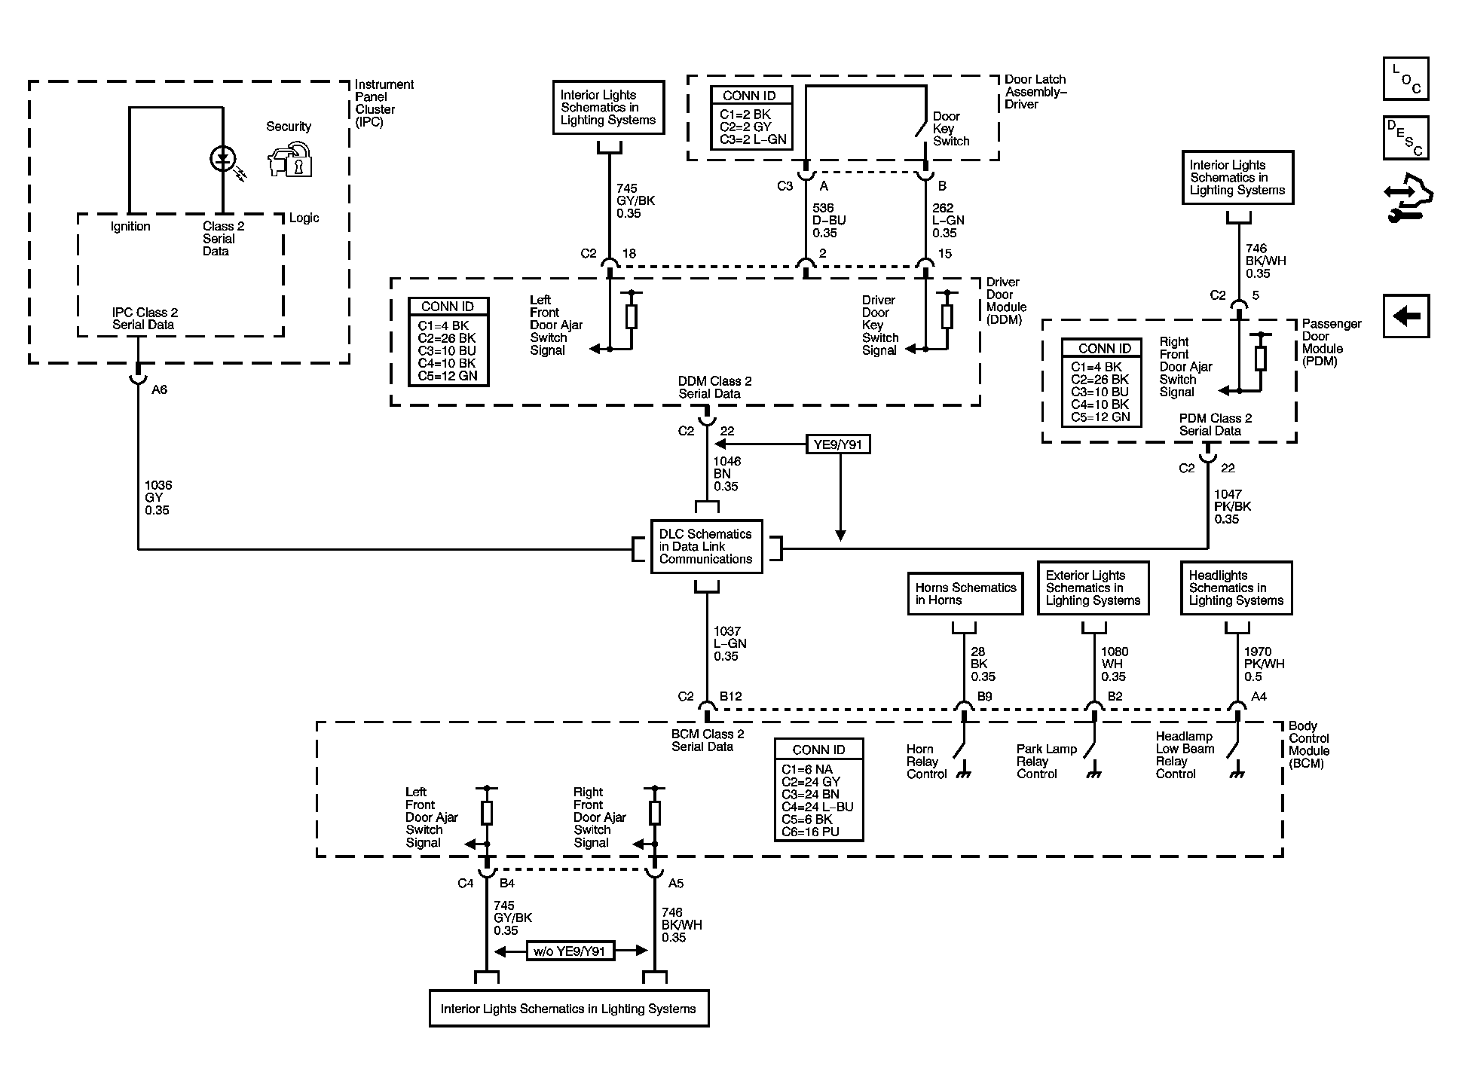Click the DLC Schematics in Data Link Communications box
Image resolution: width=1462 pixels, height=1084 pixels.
[706, 546]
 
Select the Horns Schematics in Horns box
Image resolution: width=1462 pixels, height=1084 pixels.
[965, 594]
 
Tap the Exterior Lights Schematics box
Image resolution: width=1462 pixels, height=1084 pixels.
[1093, 588]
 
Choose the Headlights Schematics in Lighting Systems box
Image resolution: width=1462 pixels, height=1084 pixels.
[1236, 588]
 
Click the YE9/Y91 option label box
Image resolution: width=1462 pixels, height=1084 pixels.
[837, 444]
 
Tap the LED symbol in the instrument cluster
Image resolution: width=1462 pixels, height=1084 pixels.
[222, 158]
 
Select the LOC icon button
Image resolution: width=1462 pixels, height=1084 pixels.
[1406, 78]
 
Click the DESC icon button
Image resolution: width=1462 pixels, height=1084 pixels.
[1406, 138]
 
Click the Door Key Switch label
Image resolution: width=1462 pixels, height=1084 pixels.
[950, 129]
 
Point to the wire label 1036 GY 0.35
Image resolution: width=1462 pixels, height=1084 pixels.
[158, 497]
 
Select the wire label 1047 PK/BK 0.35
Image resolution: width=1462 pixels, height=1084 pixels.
[1232, 506]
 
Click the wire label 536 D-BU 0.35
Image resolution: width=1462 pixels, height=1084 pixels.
[829, 220]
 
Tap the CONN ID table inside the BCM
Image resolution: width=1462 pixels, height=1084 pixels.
[818, 789]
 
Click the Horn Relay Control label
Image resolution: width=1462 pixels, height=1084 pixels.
[926, 762]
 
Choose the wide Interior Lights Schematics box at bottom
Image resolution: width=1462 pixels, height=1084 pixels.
[569, 1008]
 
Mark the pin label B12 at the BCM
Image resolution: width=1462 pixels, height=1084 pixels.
[730, 697]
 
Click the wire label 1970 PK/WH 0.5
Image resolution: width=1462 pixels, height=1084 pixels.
[1264, 664]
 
